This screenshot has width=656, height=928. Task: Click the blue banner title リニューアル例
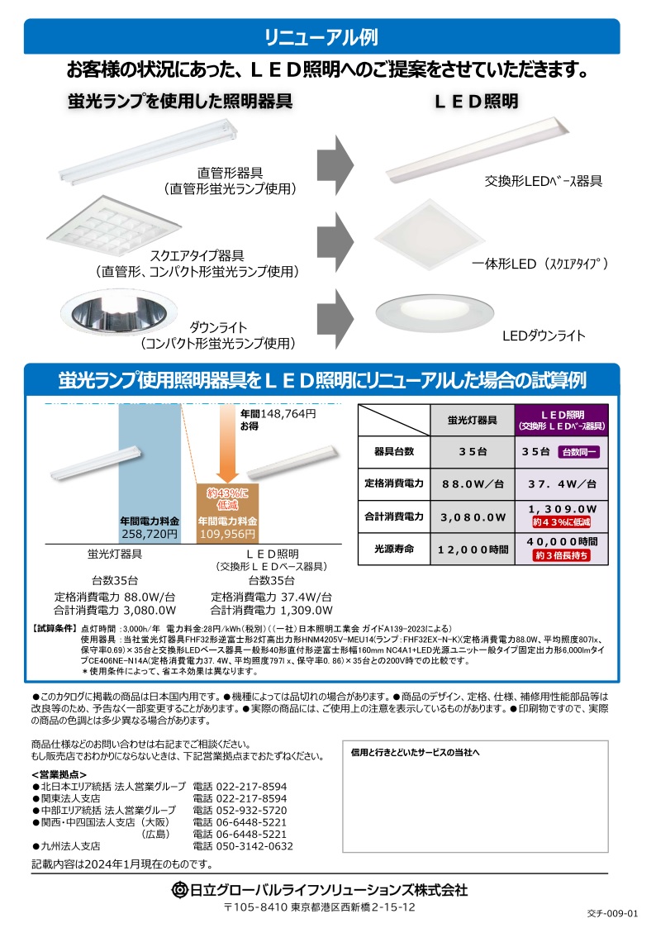click(x=321, y=37)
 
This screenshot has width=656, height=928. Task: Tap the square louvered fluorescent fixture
click(x=113, y=225)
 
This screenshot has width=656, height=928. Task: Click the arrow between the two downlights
click(x=335, y=318)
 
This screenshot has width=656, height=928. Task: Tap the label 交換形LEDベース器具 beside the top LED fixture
click(x=543, y=181)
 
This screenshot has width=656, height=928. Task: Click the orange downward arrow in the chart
click(x=228, y=444)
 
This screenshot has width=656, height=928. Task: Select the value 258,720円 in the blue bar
click(x=150, y=534)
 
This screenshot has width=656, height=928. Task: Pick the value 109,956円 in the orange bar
click(x=228, y=534)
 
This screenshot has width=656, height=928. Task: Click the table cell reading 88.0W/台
click(x=473, y=483)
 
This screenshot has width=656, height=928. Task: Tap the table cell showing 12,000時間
click(x=473, y=550)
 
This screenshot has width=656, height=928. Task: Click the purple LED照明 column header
click(x=562, y=421)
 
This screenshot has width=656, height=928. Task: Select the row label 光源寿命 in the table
click(x=394, y=550)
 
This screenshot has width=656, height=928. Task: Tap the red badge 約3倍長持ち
click(x=561, y=555)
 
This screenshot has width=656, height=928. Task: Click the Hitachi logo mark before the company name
click(x=179, y=889)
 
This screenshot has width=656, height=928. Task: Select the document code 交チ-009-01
click(x=613, y=913)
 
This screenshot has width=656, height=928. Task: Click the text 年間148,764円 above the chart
click(x=278, y=414)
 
